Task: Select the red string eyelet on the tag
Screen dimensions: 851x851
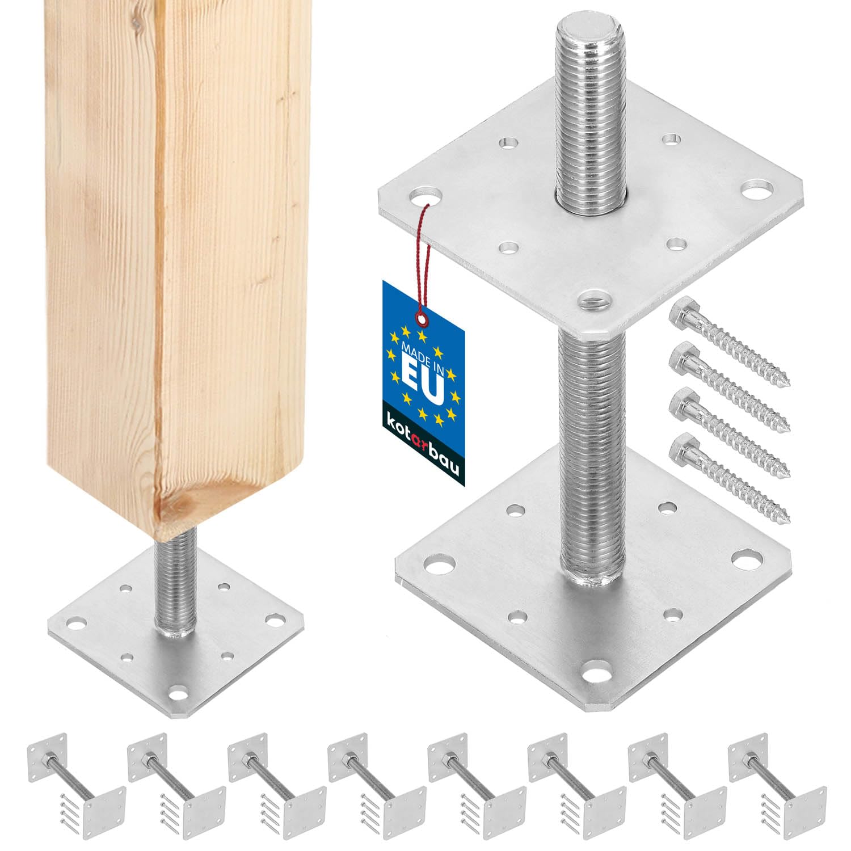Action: (x=421, y=314)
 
